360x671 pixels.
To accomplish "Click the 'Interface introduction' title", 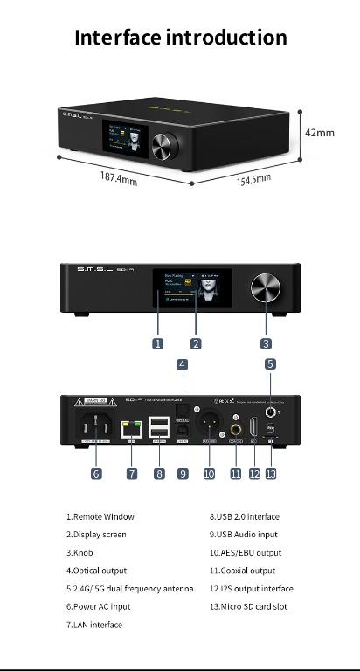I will tap(180, 38).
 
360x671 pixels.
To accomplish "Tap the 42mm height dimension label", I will tap(319, 132).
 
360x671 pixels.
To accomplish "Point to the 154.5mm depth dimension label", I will tap(253, 178).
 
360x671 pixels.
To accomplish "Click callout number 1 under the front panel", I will tap(158, 343).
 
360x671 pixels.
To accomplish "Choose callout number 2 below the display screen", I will tap(196, 343).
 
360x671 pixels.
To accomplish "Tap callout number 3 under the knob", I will tap(266, 343).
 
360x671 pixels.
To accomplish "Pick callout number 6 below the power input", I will tap(96, 474).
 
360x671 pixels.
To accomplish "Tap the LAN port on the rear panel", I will tap(132, 429).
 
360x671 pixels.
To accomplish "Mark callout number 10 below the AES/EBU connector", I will tap(209, 474).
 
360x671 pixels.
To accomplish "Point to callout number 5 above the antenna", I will tap(271, 363).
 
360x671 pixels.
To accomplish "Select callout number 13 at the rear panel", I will tap(271, 474).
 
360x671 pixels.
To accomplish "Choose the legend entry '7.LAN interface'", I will tap(94, 625).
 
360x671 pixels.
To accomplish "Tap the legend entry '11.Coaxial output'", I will tap(242, 571).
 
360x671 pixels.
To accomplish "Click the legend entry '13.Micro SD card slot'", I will tap(249, 606).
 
